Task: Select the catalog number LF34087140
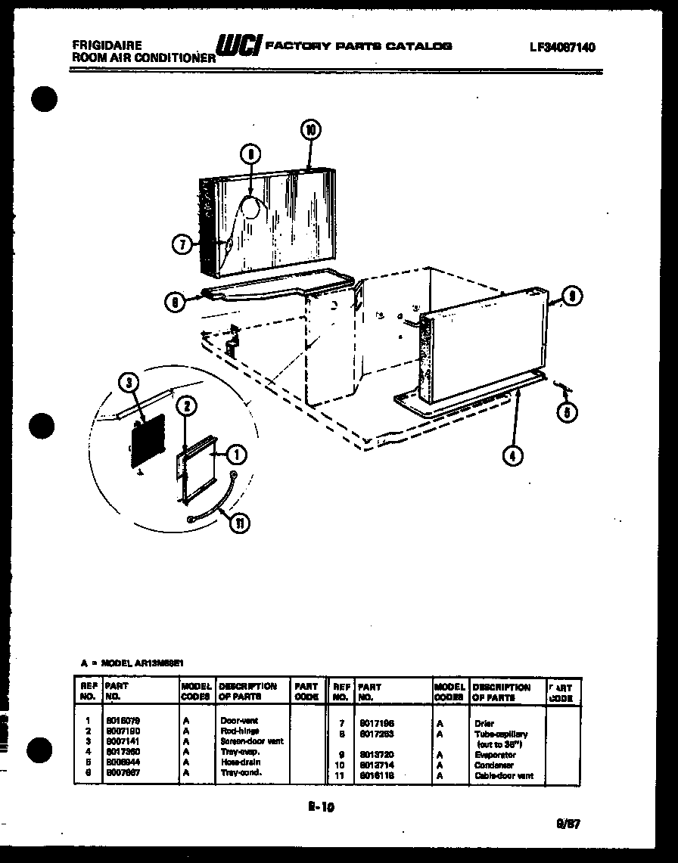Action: coord(562,47)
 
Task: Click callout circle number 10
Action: coord(309,130)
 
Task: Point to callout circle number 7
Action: coord(182,244)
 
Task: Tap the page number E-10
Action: coord(321,807)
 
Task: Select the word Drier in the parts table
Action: coord(484,723)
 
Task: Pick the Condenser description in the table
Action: coord(493,765)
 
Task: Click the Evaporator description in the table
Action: coord(495,755)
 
